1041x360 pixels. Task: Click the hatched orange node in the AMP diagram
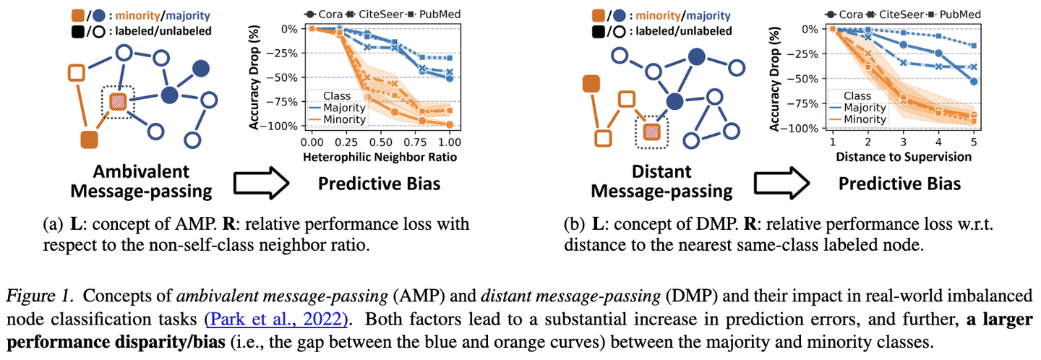[x=118, y=103]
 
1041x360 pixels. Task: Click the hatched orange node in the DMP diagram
[x=652, y=132]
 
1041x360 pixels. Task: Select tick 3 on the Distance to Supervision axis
[x=903, y=144]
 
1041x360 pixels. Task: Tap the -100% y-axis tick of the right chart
[x=803, y=129]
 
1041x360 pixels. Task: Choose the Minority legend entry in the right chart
[x=865, y=119]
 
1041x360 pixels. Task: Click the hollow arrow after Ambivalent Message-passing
[x=258, y=181]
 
